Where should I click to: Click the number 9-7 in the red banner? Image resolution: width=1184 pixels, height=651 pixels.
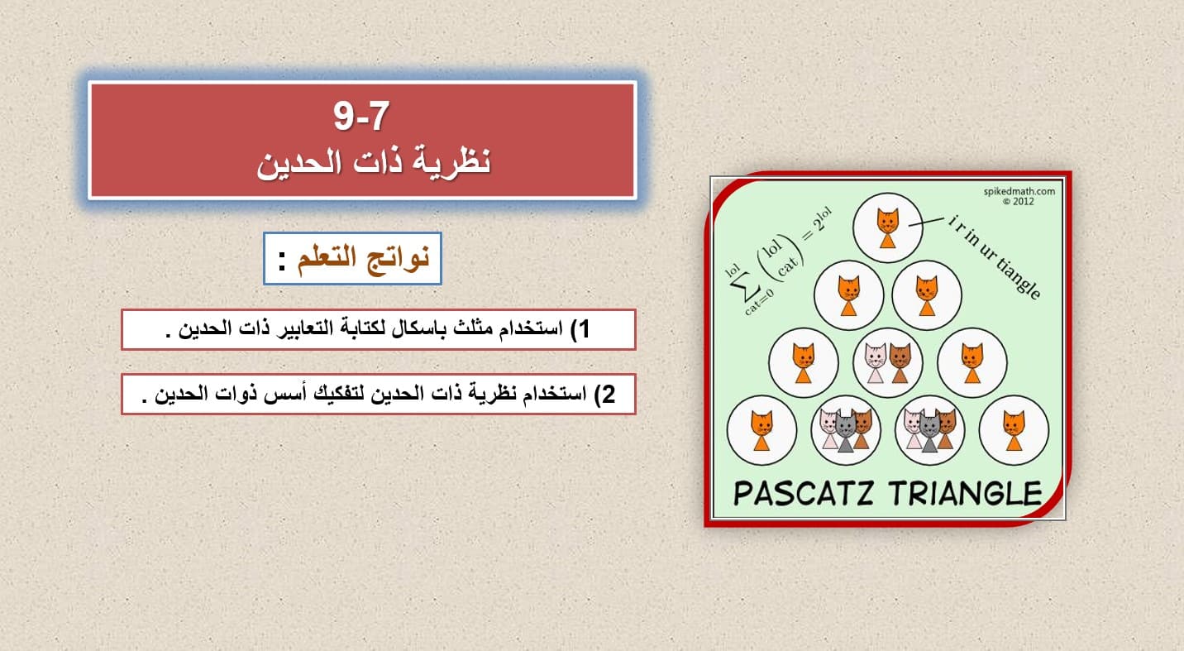click(361, 116)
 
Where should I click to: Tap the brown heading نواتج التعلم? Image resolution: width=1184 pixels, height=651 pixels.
click(363, 259)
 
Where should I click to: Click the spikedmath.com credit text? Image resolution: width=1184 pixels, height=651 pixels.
click(1019, 191)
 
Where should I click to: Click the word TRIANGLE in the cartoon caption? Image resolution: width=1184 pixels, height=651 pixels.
click(965, 493)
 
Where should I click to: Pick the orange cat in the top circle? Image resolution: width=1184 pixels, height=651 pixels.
click(887, 228)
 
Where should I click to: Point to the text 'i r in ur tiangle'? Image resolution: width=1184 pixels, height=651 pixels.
click(994, 257)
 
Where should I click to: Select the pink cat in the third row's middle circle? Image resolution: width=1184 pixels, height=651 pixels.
click(876, 363)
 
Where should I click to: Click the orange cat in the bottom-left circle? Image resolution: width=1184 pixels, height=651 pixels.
click(761, 431)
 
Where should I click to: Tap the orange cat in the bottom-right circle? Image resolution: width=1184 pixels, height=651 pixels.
click(1014, 431)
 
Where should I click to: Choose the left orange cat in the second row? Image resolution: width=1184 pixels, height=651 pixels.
click(849, 296)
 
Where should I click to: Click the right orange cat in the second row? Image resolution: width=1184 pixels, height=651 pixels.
click(927, 296)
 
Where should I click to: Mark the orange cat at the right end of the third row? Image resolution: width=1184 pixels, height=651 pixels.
click(972, 363)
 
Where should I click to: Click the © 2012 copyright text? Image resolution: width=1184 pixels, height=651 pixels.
click(1019, 202)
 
